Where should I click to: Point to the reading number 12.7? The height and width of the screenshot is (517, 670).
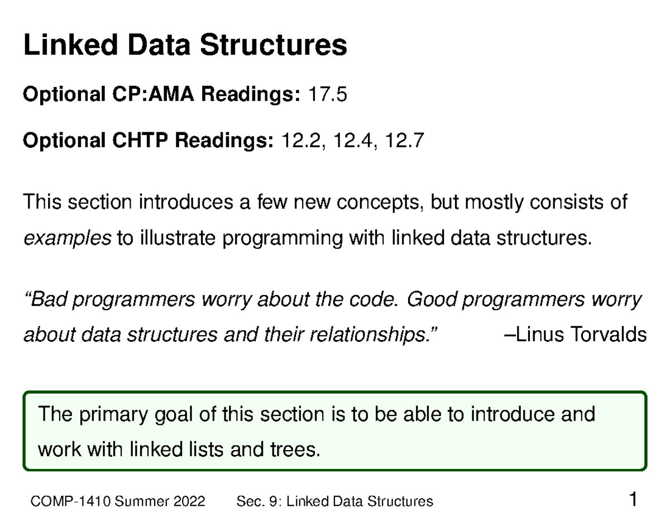point(404,142)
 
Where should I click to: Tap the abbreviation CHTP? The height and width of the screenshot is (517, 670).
point(140,142)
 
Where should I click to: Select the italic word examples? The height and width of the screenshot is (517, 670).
point(67,239)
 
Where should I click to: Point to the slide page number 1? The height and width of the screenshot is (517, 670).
point(633,499)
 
